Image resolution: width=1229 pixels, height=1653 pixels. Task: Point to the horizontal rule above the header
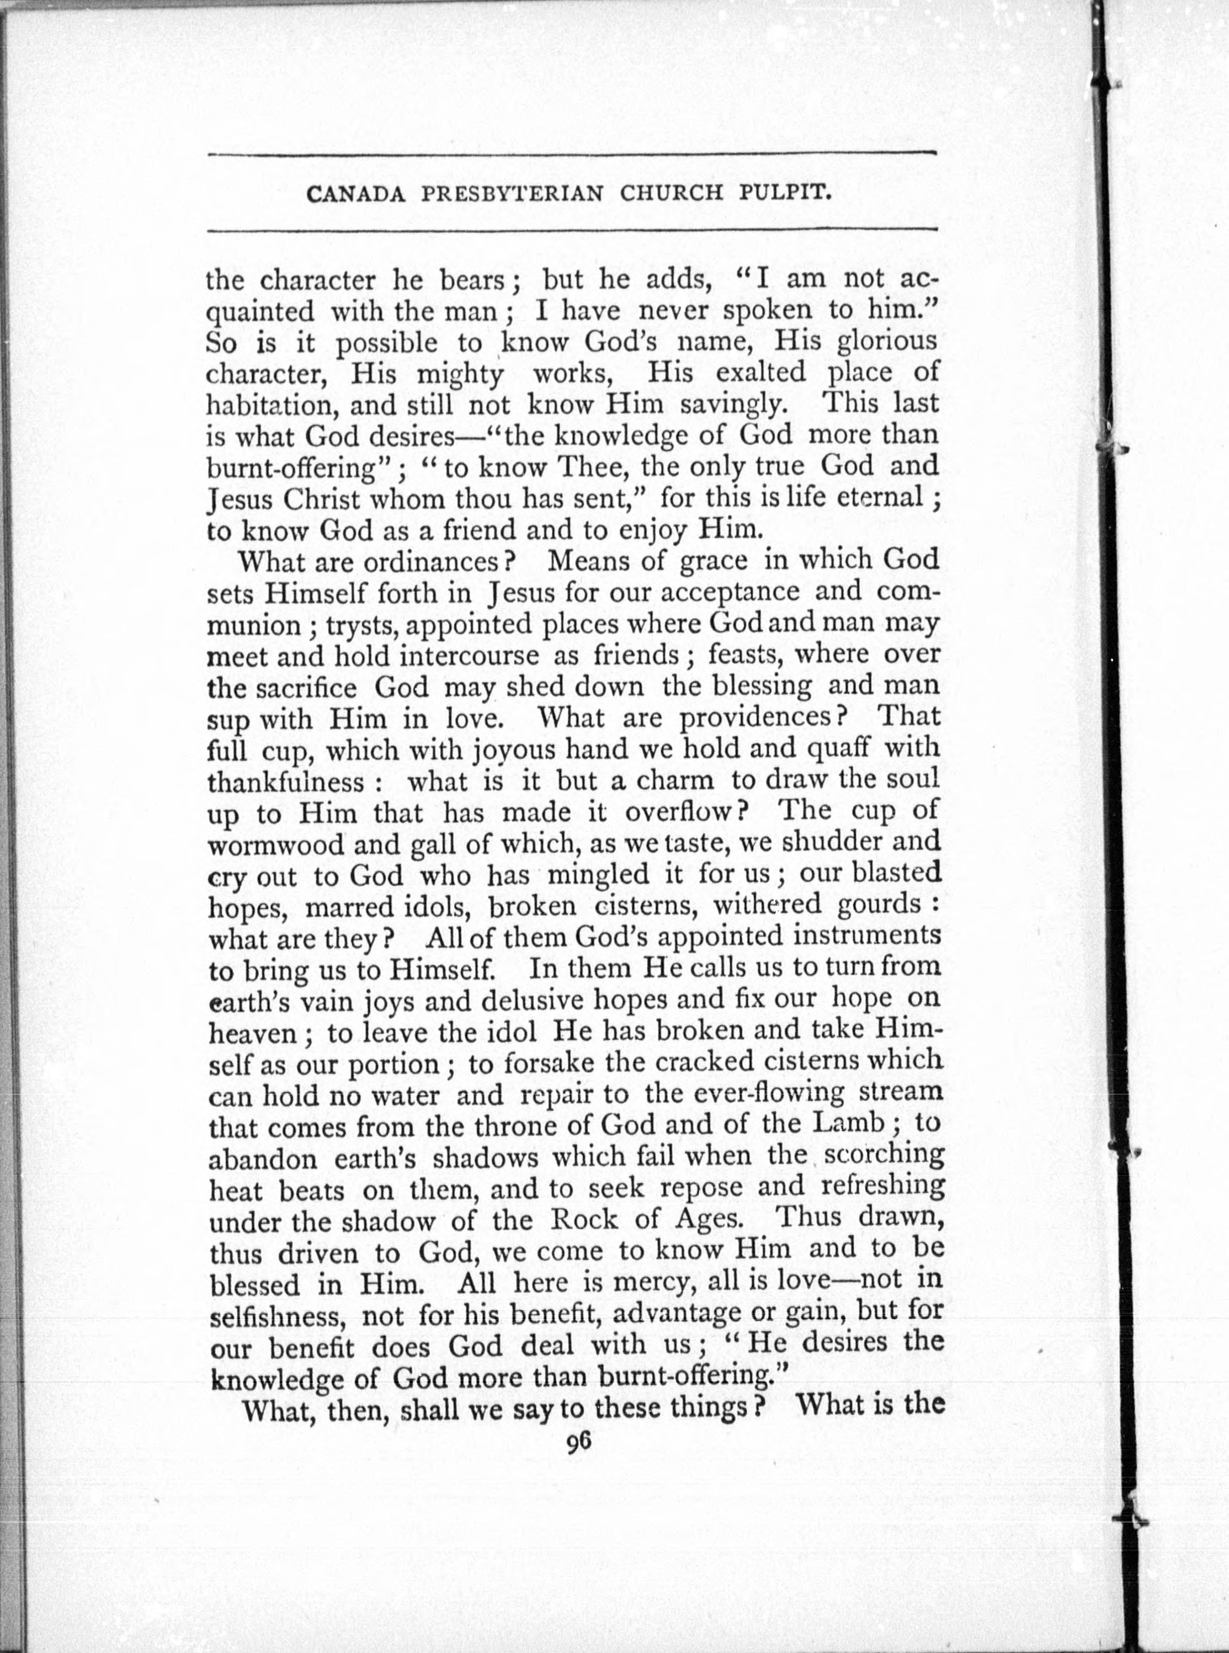pos(571,155)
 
